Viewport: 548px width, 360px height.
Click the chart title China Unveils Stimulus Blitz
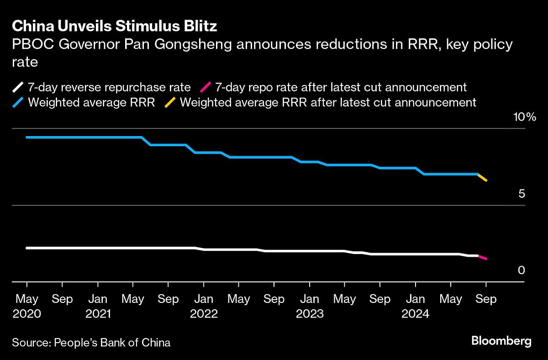coord(114,26)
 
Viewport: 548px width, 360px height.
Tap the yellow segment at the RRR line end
coord(482,177)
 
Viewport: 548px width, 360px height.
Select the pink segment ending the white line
coord(482,257)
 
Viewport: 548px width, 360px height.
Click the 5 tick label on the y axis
coord(521,194)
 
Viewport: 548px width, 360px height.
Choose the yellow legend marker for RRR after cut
coord(169,102)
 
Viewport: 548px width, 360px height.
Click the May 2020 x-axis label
coord(27,306)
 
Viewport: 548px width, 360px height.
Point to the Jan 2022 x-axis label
coord(204,306)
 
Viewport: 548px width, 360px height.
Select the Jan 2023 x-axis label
coord(310,306)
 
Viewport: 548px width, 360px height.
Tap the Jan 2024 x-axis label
coord(416,306)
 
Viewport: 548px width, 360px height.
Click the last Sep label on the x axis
coord(486,299)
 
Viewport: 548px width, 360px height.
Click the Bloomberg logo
coord(501,341)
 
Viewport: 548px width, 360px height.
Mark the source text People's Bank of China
coord(112,342)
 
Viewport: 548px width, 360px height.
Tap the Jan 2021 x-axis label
coord(98,306)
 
